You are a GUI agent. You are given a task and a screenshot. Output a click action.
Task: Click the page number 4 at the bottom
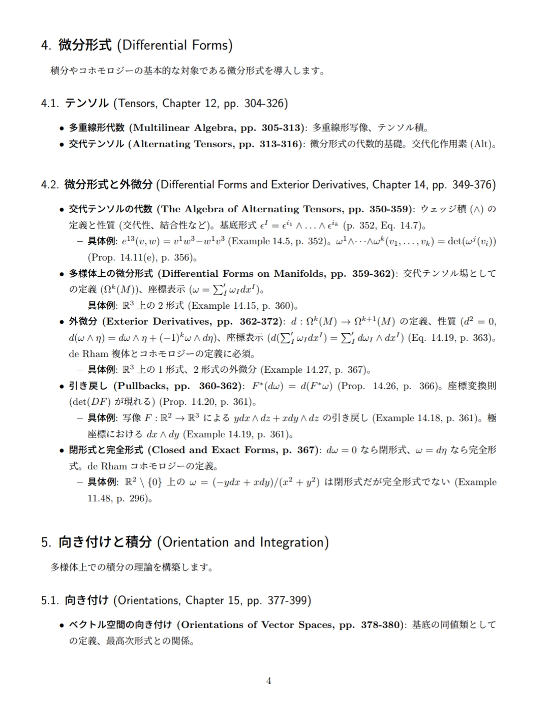click(269, 681)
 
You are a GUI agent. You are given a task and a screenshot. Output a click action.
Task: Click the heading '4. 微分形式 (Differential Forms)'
click(136, 45)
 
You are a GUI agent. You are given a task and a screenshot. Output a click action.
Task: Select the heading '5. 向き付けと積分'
click(185, 542)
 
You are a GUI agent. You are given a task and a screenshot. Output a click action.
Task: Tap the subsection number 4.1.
click(50, 104)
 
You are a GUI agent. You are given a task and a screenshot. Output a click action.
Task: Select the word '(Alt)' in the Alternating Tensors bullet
click(481, 144)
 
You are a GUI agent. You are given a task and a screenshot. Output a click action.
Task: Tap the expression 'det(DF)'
click(87, 402)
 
